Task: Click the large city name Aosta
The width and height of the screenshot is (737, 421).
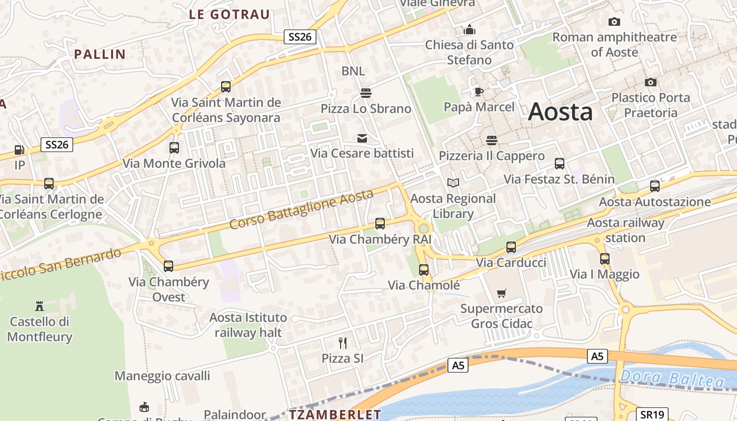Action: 560,112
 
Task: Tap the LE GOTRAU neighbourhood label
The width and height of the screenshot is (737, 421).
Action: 229,15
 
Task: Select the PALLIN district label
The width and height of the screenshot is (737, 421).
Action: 100,54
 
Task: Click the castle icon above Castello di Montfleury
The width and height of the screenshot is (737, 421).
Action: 39,306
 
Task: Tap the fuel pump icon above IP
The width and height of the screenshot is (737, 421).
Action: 19,150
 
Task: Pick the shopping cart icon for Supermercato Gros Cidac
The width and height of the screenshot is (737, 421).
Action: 502,293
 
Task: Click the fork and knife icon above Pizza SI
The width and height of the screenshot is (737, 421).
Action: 343,343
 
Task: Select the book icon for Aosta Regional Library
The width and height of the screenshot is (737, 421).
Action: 453,183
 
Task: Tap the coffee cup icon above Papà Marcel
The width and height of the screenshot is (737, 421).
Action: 479,92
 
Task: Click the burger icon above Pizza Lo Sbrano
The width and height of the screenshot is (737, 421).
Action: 366,93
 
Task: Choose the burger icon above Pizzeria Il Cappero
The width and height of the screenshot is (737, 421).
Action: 492,141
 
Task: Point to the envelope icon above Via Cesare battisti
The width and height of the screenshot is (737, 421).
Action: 362,138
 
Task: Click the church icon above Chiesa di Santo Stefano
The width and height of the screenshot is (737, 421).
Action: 470,29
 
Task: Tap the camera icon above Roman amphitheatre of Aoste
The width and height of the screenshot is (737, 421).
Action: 614,22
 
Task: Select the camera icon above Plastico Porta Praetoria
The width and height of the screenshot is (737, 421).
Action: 651,82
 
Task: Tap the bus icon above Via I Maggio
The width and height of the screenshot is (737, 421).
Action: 604,259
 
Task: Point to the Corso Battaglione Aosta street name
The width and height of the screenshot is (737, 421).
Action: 302,209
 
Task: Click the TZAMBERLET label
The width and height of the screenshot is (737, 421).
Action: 335,415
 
